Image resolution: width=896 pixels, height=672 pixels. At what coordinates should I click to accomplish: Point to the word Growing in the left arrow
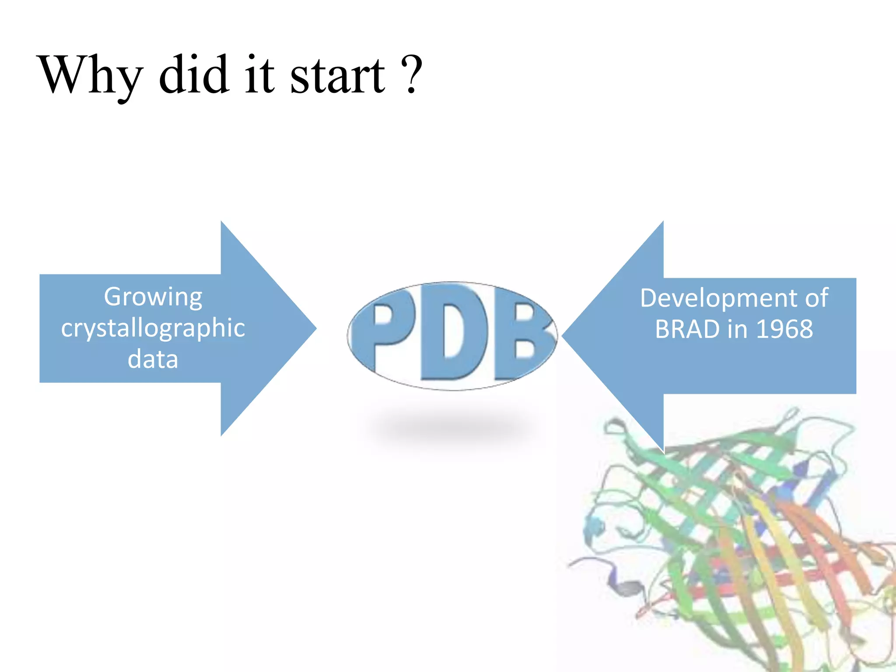tap(153, 297)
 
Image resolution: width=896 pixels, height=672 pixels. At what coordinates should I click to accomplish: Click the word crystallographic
tap(153, 329)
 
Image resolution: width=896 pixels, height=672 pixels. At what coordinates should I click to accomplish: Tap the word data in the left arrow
tap(153, 359)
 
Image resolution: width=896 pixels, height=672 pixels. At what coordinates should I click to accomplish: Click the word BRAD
tap(687, 329)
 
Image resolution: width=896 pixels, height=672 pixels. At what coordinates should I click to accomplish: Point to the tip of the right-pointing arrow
tap(315, 328)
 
